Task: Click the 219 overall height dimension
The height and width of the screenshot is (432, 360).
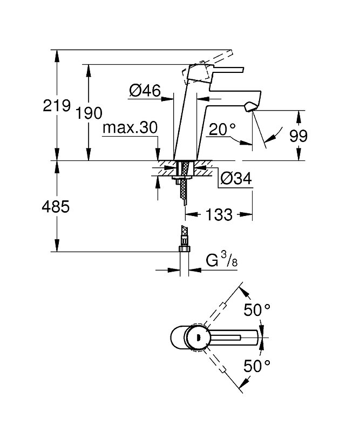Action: tap(57, 105)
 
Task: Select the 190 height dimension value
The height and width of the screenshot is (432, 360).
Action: tap(89, 114)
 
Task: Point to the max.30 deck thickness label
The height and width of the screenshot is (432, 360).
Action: tap(130, 128)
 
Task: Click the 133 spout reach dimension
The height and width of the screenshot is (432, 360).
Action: tap(219, 214)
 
